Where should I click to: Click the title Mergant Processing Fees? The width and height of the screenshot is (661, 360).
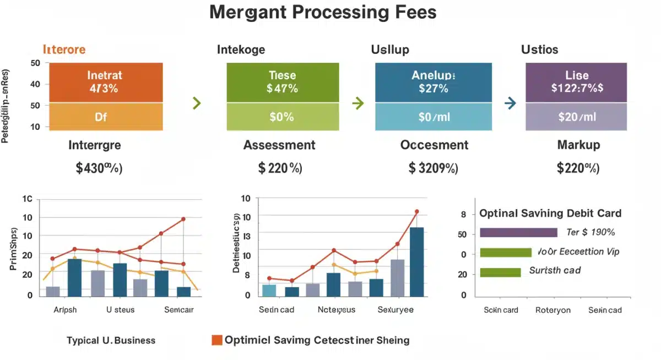pos(323,13)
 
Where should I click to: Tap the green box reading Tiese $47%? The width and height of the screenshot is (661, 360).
pos(283,82)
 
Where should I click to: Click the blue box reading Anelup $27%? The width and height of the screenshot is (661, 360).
pos(433,82)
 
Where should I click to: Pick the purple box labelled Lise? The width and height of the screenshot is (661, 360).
pos(576,82)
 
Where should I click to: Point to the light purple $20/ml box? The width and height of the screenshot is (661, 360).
pos(576,117)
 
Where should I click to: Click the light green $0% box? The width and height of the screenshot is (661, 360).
pos(283,117)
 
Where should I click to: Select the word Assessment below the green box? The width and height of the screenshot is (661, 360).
pos(279,145)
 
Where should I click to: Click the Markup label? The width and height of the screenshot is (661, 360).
pos(578,145)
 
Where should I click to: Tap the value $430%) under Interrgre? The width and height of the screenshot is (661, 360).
pos(99,168)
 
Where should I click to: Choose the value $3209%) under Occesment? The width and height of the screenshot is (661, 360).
pos(433,168)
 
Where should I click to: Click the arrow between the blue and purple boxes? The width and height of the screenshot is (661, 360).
pos(510,103)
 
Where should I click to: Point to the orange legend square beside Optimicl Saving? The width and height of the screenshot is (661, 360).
pos(216,340)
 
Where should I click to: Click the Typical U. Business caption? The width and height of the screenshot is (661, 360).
pos(111,340)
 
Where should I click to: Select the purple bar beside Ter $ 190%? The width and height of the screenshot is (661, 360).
pos(518,232)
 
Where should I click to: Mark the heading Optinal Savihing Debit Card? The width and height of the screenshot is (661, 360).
pos(550,213)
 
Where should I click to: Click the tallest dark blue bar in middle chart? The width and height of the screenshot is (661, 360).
pos(417,262)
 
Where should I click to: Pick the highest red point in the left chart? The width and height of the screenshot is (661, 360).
pos(183,219)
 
